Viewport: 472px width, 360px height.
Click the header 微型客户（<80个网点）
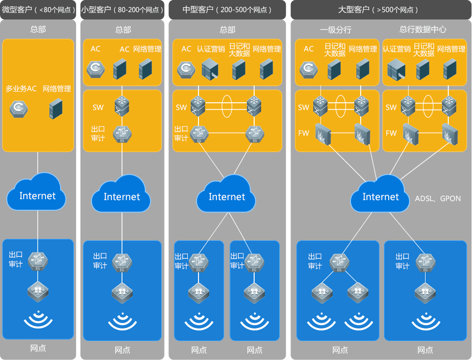point(38,9)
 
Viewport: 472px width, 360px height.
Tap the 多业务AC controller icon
point(18,109)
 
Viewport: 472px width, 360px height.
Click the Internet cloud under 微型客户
point(37,195)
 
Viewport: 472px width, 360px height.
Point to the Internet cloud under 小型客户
point(122,196)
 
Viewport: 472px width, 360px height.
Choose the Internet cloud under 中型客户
point(227,196)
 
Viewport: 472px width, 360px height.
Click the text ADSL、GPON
point(438,199)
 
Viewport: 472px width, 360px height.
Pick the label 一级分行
point(335,30)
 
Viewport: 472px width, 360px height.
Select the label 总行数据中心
point(423,30)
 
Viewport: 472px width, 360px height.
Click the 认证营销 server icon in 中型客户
point(210,69)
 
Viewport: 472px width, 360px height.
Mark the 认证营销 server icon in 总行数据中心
point(396,69)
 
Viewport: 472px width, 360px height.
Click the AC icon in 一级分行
point(308,69)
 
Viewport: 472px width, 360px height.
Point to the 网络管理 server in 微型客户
point(57,109)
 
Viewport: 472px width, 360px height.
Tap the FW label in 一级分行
point(304,133)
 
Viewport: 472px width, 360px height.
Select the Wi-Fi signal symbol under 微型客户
point(38,320)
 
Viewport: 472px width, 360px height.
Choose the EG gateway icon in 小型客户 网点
point(122,262)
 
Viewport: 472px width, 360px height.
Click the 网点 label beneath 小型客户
point(122,350)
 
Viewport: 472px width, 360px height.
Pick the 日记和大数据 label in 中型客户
point(239,49)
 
